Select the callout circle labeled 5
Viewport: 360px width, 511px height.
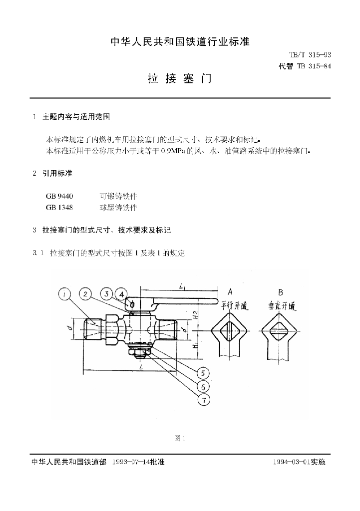203,373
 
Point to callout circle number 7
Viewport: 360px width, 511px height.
203,400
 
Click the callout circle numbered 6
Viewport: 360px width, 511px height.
203,386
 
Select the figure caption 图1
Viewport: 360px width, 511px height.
180,438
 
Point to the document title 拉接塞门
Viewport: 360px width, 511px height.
180,79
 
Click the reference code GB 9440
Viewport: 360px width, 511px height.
59,196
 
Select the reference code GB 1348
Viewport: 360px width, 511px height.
59,207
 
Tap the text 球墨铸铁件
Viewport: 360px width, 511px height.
118,207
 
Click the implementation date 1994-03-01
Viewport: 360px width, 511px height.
292,463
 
